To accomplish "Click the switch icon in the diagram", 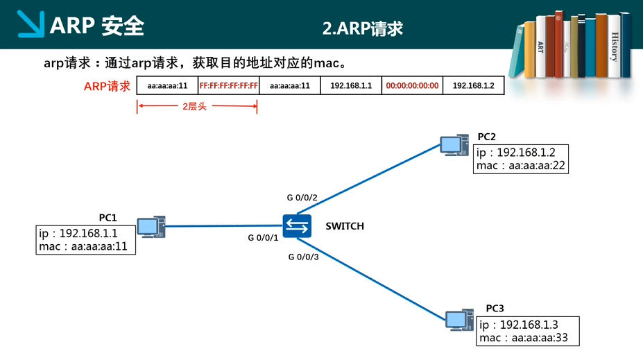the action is pyautogui.click(x=297, y=226).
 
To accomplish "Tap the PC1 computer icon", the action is pyautogui.click(x=151, y=227).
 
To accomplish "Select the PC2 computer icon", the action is pyautogui.click(x=454, y=145).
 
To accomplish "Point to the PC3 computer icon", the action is pyautogui.click(x=460, y=320).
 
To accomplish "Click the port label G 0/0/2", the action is pyautogui.click(x=302, y=198).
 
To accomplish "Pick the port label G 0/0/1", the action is pyautogui.click(x=263, y=238).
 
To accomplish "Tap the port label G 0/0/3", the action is pyautogui.click(x=303, y=257).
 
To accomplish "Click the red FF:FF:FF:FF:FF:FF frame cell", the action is pyautogui.click(x=228, y=86).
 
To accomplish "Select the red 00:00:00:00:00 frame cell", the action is pyautogui.click(x=412, y=86).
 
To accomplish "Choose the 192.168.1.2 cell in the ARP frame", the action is pyautogui.click(x=473, y=86).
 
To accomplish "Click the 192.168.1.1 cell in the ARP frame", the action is pyautogui.click(x=351, y=86).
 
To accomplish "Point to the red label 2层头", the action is pyautogui.click(x=194, y=107).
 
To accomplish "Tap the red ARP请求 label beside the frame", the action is pyautogui.click(x=107, y=86).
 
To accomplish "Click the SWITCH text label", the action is pyautogui.click(x=345, y=226).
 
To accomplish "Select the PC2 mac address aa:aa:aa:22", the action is pyautogui.click(x=537, y=166).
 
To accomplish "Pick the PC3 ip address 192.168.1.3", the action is pyautogui.click(x=529, y=325).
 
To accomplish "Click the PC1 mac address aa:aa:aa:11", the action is pyautogui.click(x=99, y=246).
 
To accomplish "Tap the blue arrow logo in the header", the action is pyautogui.click(x=31, y=24).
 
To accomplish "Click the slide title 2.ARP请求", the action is pyautogui.click(x=363, y=28).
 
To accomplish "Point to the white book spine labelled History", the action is pyautogui.click(x=614, y=46).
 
